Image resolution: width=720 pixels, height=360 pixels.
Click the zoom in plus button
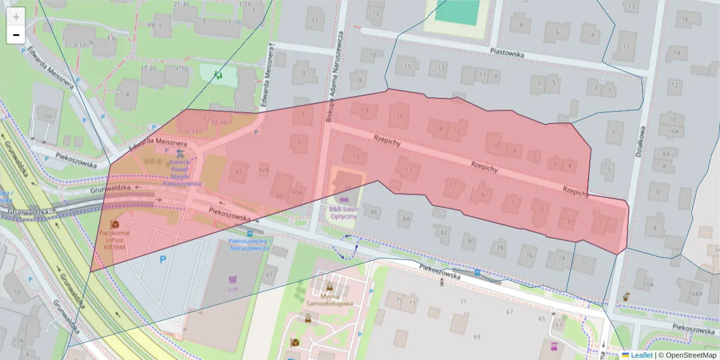click(x=16, y=16)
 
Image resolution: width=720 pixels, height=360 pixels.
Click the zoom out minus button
click(x=16, y=35)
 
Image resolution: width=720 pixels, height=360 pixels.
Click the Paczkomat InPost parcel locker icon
click(x=114, y=223)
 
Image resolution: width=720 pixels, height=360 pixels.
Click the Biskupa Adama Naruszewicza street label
click(x=335, y=78)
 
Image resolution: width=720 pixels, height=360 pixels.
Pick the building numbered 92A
click(x=264, y=171)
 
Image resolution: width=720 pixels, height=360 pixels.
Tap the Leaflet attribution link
click(x=641, y=355)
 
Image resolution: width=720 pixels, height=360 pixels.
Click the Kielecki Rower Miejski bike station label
click(x=181, y=173)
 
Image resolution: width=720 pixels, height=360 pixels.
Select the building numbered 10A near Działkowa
click(x=673, y=130)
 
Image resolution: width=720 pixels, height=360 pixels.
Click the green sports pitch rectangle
click(x=457, y=11)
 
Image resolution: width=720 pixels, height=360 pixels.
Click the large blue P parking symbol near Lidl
click(x=162, y=260)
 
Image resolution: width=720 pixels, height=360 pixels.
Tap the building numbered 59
click(x=16, y=293)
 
